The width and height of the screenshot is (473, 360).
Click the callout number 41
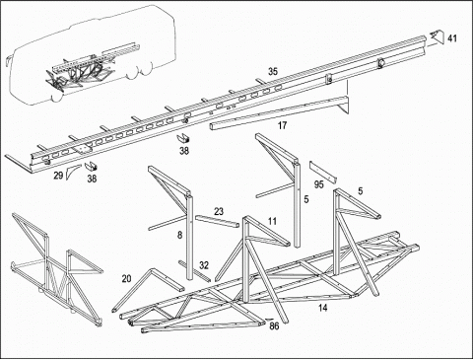pos(452,38)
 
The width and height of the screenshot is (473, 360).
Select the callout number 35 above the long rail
pos(273,71)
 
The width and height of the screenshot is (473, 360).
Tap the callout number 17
pos(282,125)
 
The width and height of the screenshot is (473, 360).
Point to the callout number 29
pos(58,176)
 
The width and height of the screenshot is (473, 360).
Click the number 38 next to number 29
pos(93,179)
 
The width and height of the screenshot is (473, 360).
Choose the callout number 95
pos(318,184)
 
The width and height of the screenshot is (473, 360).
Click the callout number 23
pos(219,211)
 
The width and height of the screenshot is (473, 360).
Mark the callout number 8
pos(179,235)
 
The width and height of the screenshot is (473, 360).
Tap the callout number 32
pos(204,265)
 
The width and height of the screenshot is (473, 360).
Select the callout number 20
pos(126,279)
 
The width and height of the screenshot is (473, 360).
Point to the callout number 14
pos(323,308)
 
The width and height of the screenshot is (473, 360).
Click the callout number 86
pos(274,326)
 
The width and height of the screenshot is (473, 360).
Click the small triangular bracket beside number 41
pos(439,36)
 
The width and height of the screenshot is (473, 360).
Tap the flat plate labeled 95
pos(324,172)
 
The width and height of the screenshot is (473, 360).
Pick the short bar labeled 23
pos(217,221)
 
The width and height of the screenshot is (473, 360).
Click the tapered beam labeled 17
pos(279,112)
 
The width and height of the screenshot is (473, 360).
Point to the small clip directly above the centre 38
pos(184,138)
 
